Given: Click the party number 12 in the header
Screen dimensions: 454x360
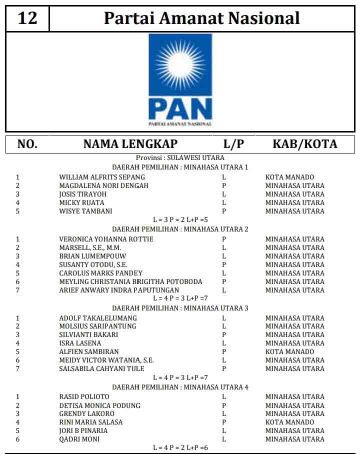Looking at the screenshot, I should point(27,18).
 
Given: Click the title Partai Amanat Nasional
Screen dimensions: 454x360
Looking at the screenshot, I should point(201,18).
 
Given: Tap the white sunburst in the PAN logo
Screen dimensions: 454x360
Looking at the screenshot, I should point(180,62).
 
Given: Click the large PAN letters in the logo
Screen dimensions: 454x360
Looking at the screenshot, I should point(180,108).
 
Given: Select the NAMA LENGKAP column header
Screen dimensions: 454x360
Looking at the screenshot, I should point(130,144).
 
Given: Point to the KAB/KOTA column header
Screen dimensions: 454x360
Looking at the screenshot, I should point(304,144).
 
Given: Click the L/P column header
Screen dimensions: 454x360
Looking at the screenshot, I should point(233,144).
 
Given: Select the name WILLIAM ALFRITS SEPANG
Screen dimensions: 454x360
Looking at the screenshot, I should point(102,177).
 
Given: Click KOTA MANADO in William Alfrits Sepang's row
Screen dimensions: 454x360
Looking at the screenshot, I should point(289,177).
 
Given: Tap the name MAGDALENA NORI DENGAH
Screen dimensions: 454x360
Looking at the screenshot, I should point(103,185).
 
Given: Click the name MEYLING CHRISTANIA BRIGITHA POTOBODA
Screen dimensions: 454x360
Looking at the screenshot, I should point(130,281).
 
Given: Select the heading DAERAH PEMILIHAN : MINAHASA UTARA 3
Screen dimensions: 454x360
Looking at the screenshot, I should point(180,308).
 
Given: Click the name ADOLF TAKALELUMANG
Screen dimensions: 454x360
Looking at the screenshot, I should point(97,318).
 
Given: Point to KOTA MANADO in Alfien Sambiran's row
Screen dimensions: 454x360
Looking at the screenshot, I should point(289,351).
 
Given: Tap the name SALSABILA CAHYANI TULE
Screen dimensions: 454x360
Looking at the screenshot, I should point(101,368).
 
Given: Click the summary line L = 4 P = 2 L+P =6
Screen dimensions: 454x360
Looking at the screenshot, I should point(180,447).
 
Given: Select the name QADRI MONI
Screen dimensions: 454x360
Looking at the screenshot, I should point(79,439).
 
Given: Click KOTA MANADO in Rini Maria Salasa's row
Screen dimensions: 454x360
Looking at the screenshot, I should point(289,422).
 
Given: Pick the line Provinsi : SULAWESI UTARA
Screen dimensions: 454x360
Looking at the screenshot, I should point(180,157).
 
